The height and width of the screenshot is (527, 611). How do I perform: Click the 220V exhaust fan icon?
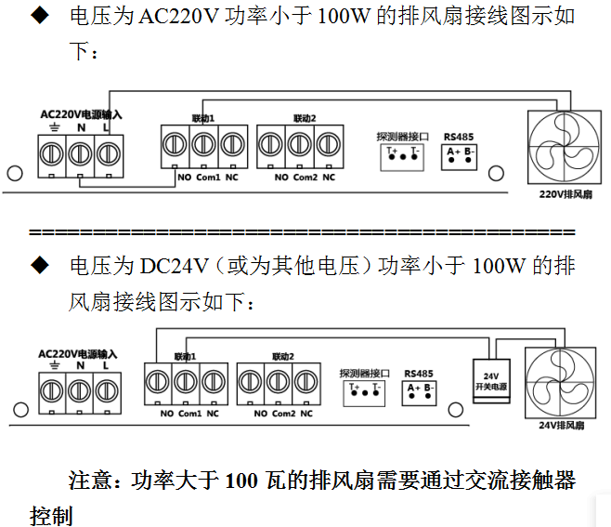click(x=565, y=147)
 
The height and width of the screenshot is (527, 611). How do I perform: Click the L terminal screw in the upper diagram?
click(x=109, y=149)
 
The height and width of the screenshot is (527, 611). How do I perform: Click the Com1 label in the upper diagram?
click(x=207, y=178)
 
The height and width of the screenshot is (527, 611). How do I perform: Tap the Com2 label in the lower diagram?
click(x=280, y=414)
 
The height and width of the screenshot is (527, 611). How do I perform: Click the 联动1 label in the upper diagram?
click(x=202, y=119)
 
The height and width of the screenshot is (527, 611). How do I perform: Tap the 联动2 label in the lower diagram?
click(x=282, y=356)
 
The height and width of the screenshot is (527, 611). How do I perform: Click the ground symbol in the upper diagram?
click(x=53, y=126)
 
